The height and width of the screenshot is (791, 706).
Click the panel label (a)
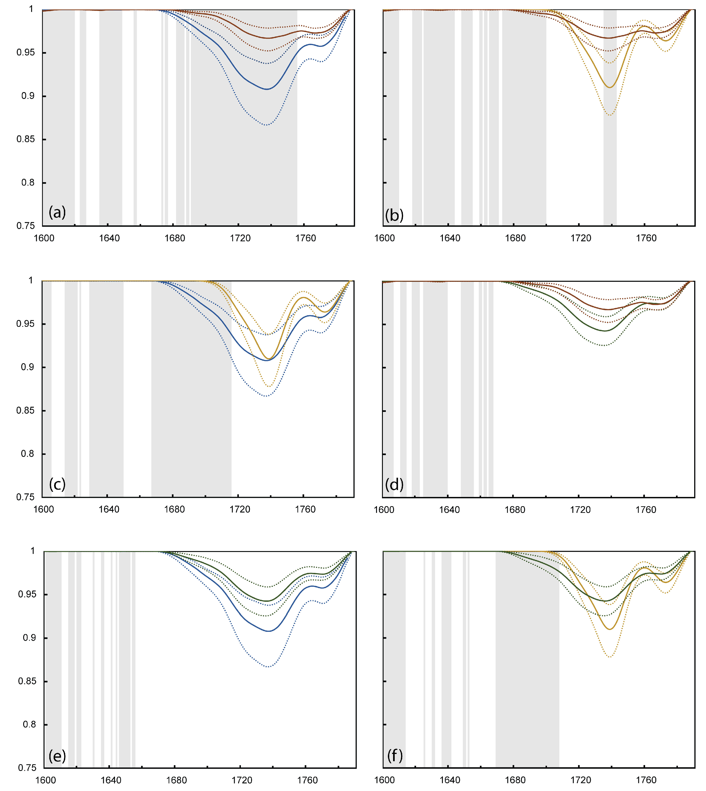(x=57, y=212)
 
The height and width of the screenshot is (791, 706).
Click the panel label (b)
(x=394, y=215)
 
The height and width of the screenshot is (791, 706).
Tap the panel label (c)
(x=57, y=484)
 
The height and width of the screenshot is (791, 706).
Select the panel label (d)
(x=394, y=484)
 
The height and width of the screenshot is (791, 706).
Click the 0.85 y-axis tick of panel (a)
(x=26, y=139)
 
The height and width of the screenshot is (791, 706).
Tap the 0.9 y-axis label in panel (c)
(x=27, y=367)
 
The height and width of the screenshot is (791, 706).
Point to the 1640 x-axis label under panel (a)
(x=109, y=238)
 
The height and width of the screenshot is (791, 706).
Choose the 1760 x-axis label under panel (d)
(x=646, y=509)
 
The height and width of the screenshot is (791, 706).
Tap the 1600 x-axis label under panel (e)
(x=45, y=780)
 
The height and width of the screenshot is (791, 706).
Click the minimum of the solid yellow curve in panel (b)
(x=610, y=87)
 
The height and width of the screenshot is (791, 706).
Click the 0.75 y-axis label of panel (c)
(x=26, y=497)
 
